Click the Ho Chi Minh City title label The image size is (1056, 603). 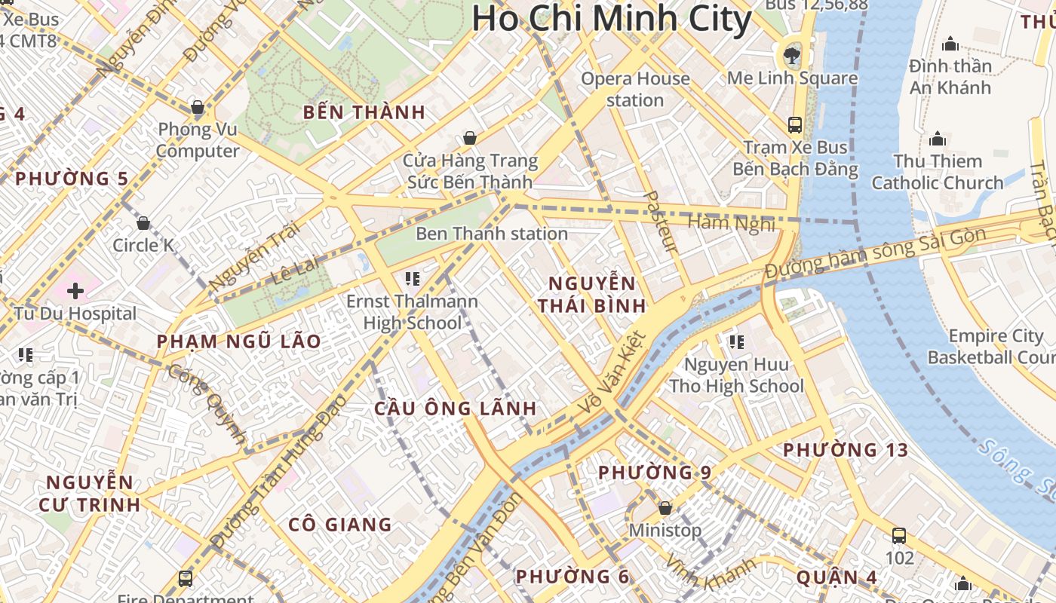(x=612, y=18)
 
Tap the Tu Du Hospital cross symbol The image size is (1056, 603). (x=75, y=291)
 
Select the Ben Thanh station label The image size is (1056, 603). (x=492, y=234)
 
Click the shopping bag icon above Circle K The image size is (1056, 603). (x=143, y=223)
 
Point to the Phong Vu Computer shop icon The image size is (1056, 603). (x=198, y=108)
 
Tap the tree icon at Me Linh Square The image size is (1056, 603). (x=792, y=54)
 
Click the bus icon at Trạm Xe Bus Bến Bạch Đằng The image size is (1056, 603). (x=795, y=124)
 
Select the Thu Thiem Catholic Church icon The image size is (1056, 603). (x=938, y=139)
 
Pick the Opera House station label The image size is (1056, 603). (x=635, y=89)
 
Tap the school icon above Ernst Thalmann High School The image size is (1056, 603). (x=412, y=279)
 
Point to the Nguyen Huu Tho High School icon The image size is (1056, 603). (x=736, y=342)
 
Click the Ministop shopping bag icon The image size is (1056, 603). (x=665, y=508)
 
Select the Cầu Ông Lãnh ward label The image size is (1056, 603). (x=456, y=409)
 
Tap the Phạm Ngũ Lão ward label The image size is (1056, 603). (x=238, y=341)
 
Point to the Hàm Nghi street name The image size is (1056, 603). (x=732, y=223)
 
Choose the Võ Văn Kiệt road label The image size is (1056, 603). (x=612, y=372)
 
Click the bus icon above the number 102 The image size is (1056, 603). (x=899, y=536)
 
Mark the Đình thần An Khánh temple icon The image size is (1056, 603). (x=950, y=44)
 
